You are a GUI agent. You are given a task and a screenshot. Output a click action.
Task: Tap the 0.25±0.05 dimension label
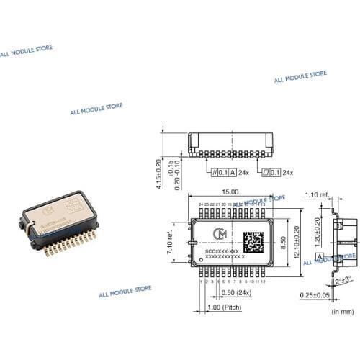click(x=333, y=295)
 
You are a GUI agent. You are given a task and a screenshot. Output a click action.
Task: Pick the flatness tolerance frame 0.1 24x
click(x=271, y=173)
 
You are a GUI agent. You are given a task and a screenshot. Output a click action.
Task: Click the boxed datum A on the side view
click(x=319, y=257)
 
